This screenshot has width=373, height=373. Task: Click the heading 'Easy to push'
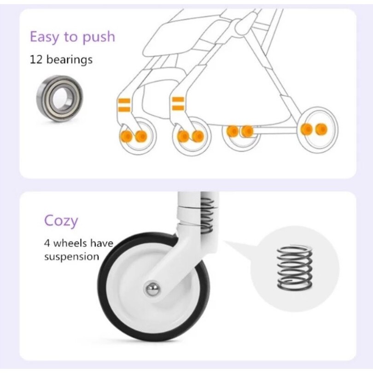coord(72,37)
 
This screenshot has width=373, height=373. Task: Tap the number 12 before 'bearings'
coord(36,59)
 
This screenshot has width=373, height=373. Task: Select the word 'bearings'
coord(70,60)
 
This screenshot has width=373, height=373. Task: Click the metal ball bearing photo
coord(60,99)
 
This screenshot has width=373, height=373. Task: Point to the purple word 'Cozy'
coord(61,221)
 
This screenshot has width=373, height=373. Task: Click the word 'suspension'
coord(71,257)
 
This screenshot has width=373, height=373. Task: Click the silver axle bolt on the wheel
coord(152,289)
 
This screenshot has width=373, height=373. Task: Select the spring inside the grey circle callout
coord(295,268)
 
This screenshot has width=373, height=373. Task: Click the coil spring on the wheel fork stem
coord(207,216)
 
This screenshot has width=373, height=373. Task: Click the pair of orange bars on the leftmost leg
coord(124,105)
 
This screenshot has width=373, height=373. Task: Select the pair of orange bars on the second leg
coord(178,104)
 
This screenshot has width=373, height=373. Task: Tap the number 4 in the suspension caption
coord(47,244)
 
